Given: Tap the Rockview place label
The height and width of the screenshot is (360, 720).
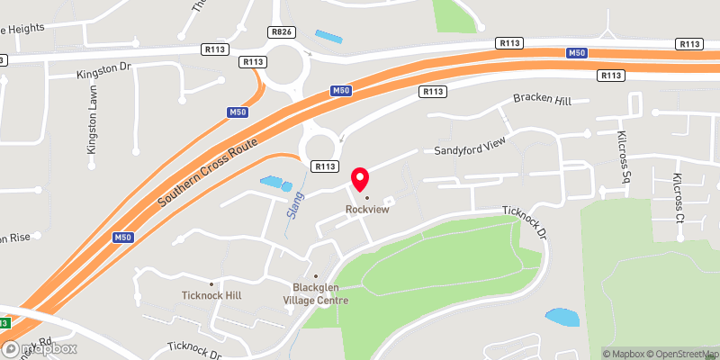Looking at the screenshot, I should (366, 211).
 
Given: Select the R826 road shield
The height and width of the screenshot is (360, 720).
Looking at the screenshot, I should (281, 31).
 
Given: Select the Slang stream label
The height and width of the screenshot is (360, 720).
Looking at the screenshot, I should (292, 205).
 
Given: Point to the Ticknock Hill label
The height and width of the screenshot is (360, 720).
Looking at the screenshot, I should (211, 295).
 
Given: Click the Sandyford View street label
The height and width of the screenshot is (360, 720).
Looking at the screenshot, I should (472, 149).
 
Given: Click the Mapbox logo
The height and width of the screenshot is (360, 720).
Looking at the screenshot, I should (40, 348).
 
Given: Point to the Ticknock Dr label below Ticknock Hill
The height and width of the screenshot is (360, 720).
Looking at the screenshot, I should (194, 350).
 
